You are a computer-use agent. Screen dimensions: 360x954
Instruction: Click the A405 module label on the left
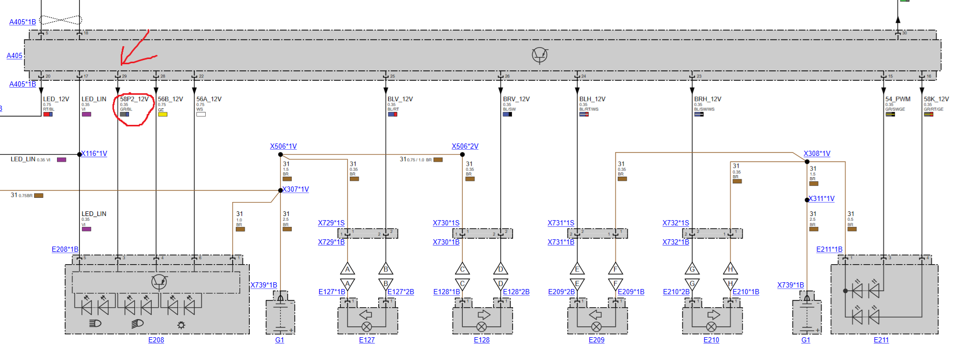15,55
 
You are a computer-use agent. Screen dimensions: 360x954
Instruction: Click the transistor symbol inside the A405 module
539,55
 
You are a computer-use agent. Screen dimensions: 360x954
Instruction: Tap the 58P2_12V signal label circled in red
134,99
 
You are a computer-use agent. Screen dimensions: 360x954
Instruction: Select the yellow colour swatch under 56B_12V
163,114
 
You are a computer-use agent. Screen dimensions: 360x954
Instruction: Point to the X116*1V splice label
94,153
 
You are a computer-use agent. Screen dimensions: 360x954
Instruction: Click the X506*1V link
283,146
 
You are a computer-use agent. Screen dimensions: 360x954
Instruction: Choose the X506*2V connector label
465,146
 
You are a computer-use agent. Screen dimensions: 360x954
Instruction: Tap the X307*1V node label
296,189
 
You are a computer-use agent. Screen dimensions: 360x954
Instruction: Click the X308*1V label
817,153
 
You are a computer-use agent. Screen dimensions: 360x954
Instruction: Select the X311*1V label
822,198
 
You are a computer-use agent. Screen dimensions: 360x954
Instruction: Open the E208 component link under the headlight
156,340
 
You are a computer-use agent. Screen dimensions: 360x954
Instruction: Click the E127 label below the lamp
366,340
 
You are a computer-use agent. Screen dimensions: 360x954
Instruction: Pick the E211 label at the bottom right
881,340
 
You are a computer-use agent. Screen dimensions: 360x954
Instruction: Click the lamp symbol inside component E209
596,326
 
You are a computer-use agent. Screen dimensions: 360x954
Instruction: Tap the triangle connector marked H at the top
730,269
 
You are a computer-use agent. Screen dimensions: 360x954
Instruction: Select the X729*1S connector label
331,223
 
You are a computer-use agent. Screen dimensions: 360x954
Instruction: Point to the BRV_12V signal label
516,99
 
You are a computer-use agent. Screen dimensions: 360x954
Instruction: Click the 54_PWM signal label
898,99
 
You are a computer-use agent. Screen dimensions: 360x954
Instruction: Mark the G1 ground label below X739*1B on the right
805,340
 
